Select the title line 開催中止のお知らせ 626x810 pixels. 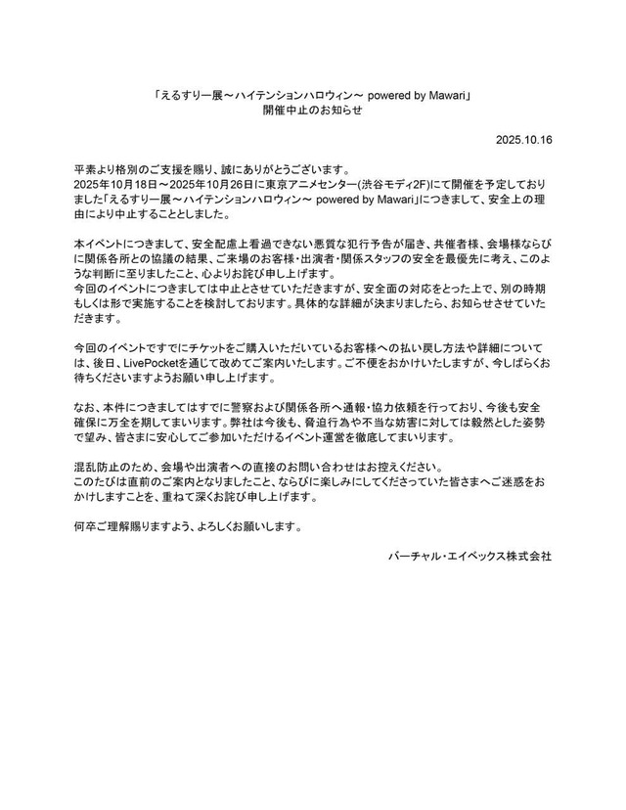pos(312,112)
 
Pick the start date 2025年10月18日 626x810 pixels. pos(112,183)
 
